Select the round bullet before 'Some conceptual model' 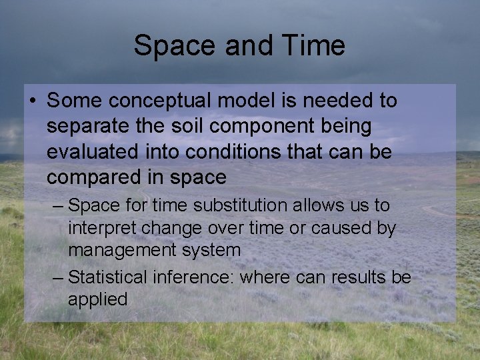point(33,102)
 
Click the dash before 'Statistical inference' point(57,277)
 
